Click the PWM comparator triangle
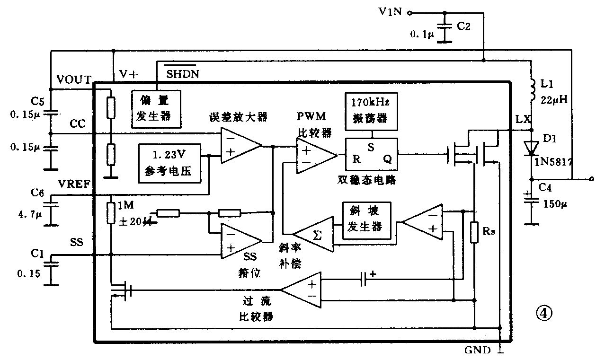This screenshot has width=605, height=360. coord(314,156)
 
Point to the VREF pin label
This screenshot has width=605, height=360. coord(73,184)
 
